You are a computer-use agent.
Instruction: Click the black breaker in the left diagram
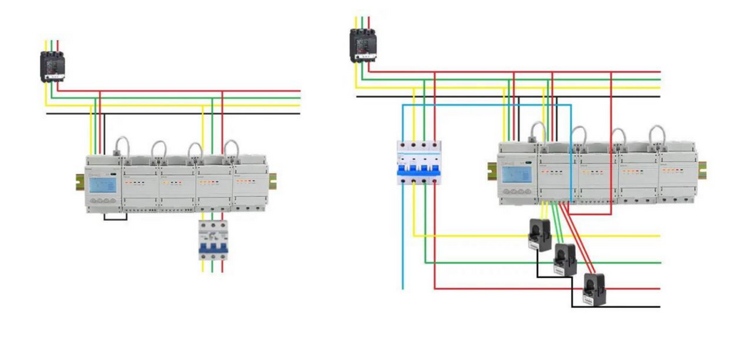pyautogui.click(x=52, y=66)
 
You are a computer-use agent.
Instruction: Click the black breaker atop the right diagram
pyautogui.click(x=363, y=45)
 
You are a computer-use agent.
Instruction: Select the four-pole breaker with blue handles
pyautogui.click(x=419, y=163)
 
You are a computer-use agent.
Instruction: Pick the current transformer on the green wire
pyautogui.click(x=565, y=256)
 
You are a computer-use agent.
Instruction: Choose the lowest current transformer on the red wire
pyautogui.click(x=591, y=286)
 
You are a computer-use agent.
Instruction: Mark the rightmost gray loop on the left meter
pyautogui.click(x=231, y=148)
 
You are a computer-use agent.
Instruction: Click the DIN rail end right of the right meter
pyautogui.click(x=702, y=170)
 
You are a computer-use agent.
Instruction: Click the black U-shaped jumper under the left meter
pyautogui.click(x=115, y=216)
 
